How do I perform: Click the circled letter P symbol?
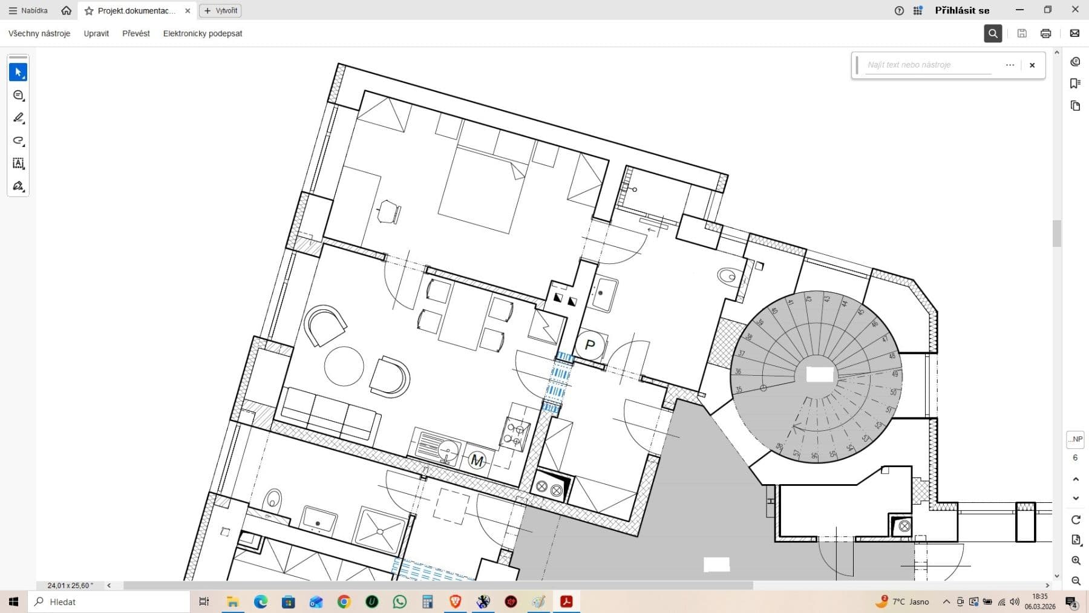pos(590,346)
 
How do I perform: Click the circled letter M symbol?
pos(477,461)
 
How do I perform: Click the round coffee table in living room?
pos(344,366)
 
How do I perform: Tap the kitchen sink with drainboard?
pos(439,448)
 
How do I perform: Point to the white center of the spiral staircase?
pos(820,375)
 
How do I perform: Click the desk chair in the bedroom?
pos(388,212)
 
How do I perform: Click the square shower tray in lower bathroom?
pos(380,531)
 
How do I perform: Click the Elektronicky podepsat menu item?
pos(203,33)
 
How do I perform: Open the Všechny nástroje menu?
pos(39,33)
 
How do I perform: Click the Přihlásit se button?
pos(962,10)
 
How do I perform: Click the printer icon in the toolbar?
pos(1045,33)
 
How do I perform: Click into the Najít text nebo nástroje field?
pos(929,65)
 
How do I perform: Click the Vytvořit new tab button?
pos(221,10)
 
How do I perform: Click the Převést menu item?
pos(136,33)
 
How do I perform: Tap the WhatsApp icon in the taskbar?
pos(400,602)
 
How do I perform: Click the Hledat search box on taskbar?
pos(109,602)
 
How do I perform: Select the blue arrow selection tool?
pos(18,72)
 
